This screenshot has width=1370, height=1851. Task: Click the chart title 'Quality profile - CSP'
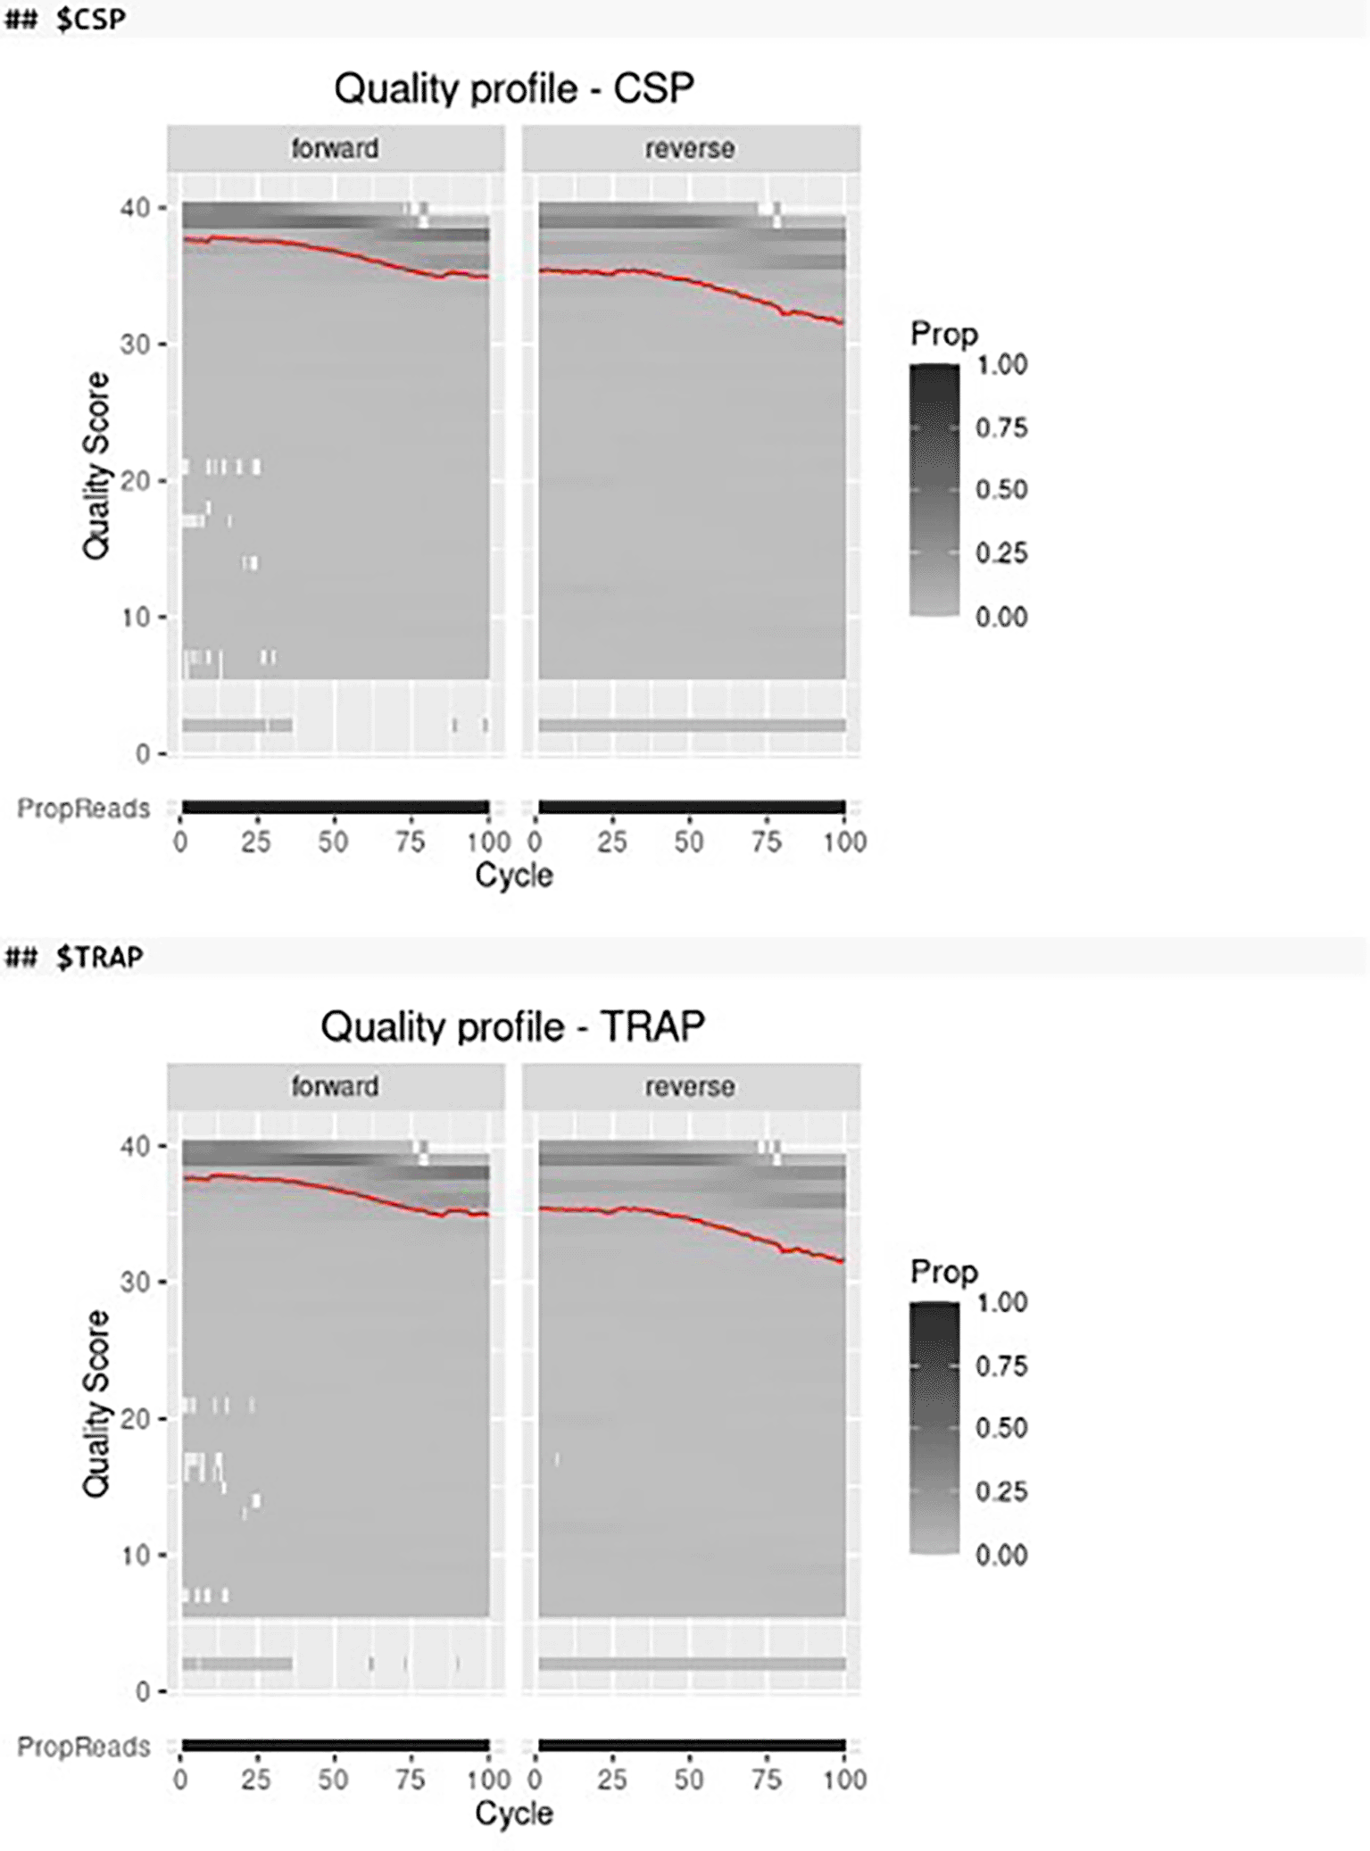pyautogui.click(x=514, y=88)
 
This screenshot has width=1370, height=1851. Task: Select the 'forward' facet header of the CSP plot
pyautogui.click(x=335, y=148)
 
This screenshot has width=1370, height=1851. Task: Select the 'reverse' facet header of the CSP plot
pyautogui.click(x=690, y=148)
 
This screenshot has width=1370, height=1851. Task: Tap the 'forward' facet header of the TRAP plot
pyautogui.click(x=335, y=1086)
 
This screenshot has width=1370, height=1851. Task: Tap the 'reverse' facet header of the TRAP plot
pyautogui.click(x=690, y=1086)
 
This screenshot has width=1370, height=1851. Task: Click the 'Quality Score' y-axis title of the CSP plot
pyautogui.click(x=95, y=466)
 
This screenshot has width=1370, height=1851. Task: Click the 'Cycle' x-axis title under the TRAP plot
pyautogui.click(x=514, y=1813)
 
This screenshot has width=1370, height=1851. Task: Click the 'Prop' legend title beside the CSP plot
pyautogui.click(x=943, y=334)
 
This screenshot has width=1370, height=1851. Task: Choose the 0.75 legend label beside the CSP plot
pyautogui.click(x=1001, y=427)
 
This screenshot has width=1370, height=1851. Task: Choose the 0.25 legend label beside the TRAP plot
pyautogui.click(x=1001, y=1491)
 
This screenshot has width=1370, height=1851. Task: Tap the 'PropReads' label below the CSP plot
pyautogui.click(x=84, y=809)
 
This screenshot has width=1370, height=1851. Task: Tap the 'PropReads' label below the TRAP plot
pyautogui.click(x=84, y=1747)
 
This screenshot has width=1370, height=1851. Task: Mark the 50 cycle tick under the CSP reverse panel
pyautogui.click(x=689, y=842)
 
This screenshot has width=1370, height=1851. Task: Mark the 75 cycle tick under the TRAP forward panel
pyautogui.click(x=411, y=1780)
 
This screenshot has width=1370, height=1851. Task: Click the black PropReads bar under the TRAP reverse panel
pyautogui.click(x=692, y=1746)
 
